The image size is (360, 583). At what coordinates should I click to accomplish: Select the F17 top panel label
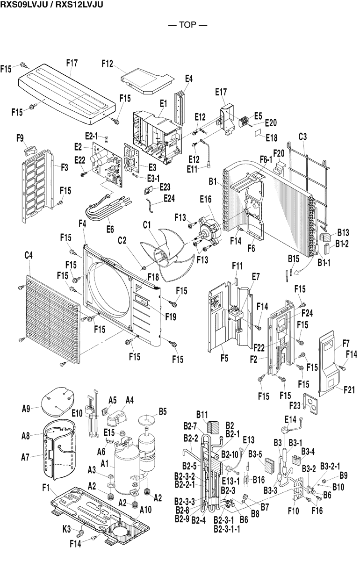click(72, 62)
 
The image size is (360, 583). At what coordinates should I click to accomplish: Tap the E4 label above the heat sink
click(188, 79)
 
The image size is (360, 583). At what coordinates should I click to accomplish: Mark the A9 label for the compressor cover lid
click(26, 409)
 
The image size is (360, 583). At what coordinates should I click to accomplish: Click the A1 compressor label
click(105, 464)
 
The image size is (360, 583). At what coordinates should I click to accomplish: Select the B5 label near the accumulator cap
click(163, 411)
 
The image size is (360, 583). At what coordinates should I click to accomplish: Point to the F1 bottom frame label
click(46, 488)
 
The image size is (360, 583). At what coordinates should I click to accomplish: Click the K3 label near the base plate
click(67, 529)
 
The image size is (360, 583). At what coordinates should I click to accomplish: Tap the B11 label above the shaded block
click(202, 414)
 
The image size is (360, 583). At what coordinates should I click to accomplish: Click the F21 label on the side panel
click(349, 389)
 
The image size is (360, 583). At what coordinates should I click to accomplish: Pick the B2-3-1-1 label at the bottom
click(227, 530)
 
